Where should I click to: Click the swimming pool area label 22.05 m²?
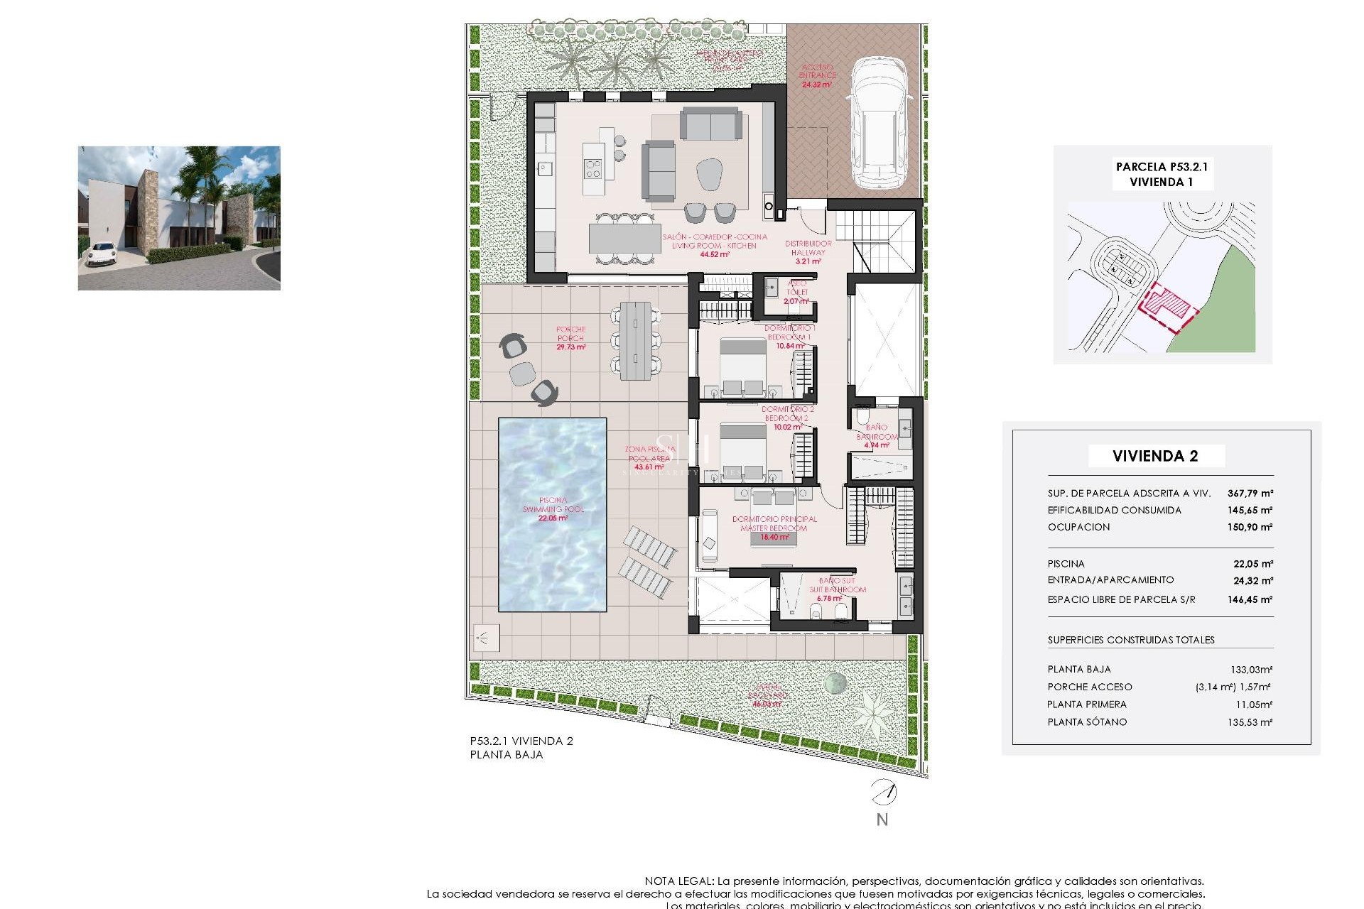553,518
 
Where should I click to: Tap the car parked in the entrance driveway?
880,124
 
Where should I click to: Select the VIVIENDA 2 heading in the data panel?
1155,456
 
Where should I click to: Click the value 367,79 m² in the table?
1250,493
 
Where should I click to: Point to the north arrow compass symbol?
883,792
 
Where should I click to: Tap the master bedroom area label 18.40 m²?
774,537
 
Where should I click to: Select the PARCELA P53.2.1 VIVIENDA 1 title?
1162,174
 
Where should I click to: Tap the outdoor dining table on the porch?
635,341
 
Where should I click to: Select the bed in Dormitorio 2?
743,451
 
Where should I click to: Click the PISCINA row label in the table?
1066,563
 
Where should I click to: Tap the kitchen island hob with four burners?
592,169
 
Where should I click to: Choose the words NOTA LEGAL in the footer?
678,881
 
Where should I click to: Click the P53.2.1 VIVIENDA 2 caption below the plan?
521,741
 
